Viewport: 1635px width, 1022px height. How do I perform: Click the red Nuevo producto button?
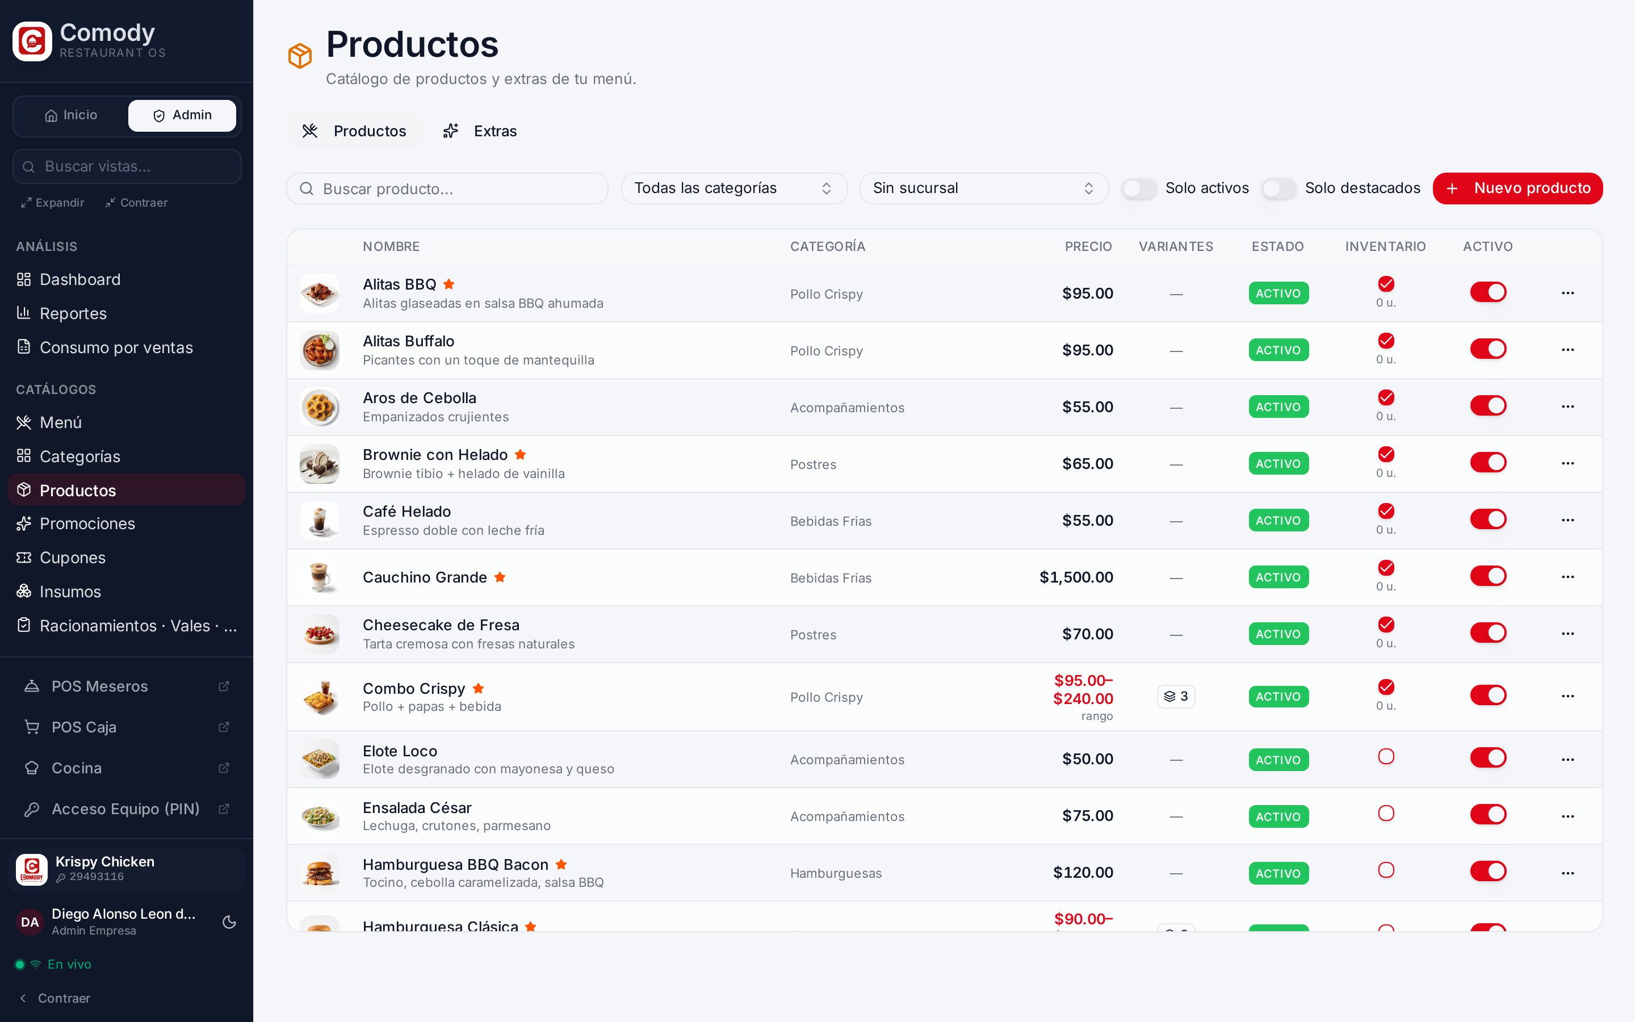(x=1517, y=188)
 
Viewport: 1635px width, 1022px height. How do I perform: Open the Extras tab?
(x=480, y=131)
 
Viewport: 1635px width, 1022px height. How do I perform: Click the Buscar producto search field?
(x=447, y=189)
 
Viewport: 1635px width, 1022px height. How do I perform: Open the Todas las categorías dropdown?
(x=733, y=189)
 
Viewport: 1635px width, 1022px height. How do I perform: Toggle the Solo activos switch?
(x=1139, y=189)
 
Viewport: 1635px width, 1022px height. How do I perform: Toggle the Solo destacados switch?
(x=1279, y=189)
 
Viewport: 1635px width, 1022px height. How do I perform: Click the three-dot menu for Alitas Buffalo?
(x=1567, y=349)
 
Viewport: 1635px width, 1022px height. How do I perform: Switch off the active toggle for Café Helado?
(x=1488, y=519)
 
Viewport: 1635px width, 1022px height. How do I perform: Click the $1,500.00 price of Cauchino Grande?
(x=1076, y=577)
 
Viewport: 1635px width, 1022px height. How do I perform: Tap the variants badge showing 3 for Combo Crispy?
(x=1176, y=696)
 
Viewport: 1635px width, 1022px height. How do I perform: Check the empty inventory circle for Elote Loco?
(x=1386, y=756)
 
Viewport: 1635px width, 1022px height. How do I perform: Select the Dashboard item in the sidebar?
(x=79, y=279)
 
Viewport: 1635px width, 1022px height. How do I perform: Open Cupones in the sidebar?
(x=72, y=558)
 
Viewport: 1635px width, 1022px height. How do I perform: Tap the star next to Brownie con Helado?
(x=520, y=454)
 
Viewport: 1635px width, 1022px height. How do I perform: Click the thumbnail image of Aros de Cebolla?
(x=320, y=407)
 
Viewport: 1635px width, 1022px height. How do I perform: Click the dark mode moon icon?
(x=229, y=922)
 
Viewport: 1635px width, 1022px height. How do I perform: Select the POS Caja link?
(x=84, y=727)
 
